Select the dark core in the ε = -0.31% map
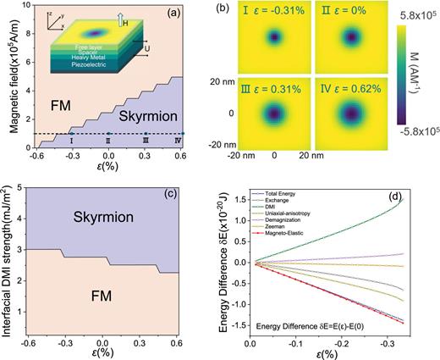(x=274, y=37)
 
